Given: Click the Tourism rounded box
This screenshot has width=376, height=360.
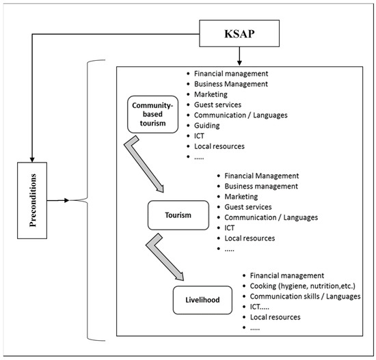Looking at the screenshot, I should (x=178, y=215).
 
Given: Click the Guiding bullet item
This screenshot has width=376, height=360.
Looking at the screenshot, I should (x=207, y=126).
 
